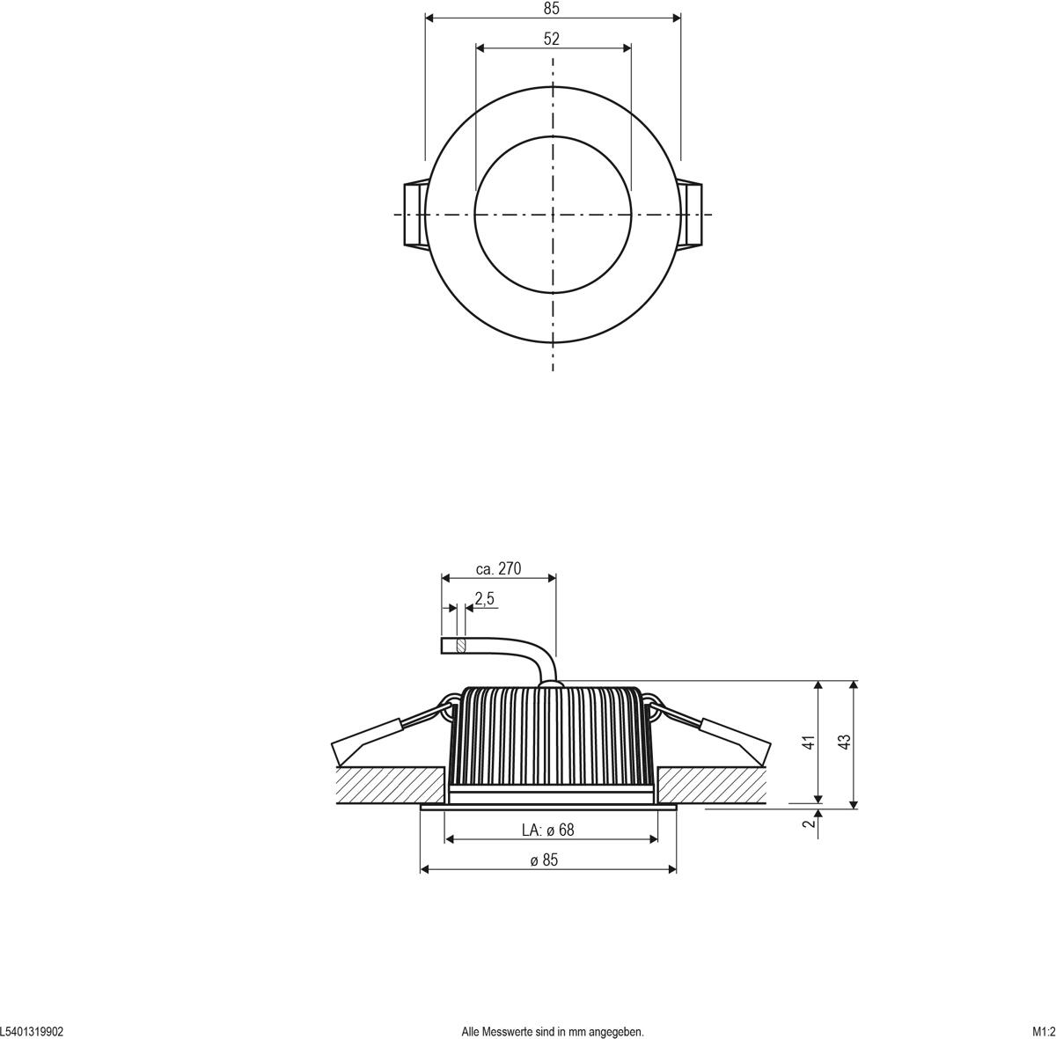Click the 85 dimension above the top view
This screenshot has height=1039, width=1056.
click(x=552, y=9)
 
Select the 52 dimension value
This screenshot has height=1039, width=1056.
click(x=552, y=39)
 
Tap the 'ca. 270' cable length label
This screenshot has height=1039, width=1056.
click(x=498, y=569)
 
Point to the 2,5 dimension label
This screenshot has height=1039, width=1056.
click(x=484, y=599)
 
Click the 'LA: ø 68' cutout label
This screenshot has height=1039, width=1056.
click(x=547, y=830)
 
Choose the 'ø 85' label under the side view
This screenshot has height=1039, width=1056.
click(x=544, y=860)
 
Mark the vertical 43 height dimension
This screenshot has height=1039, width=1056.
click(x=846, y=742)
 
